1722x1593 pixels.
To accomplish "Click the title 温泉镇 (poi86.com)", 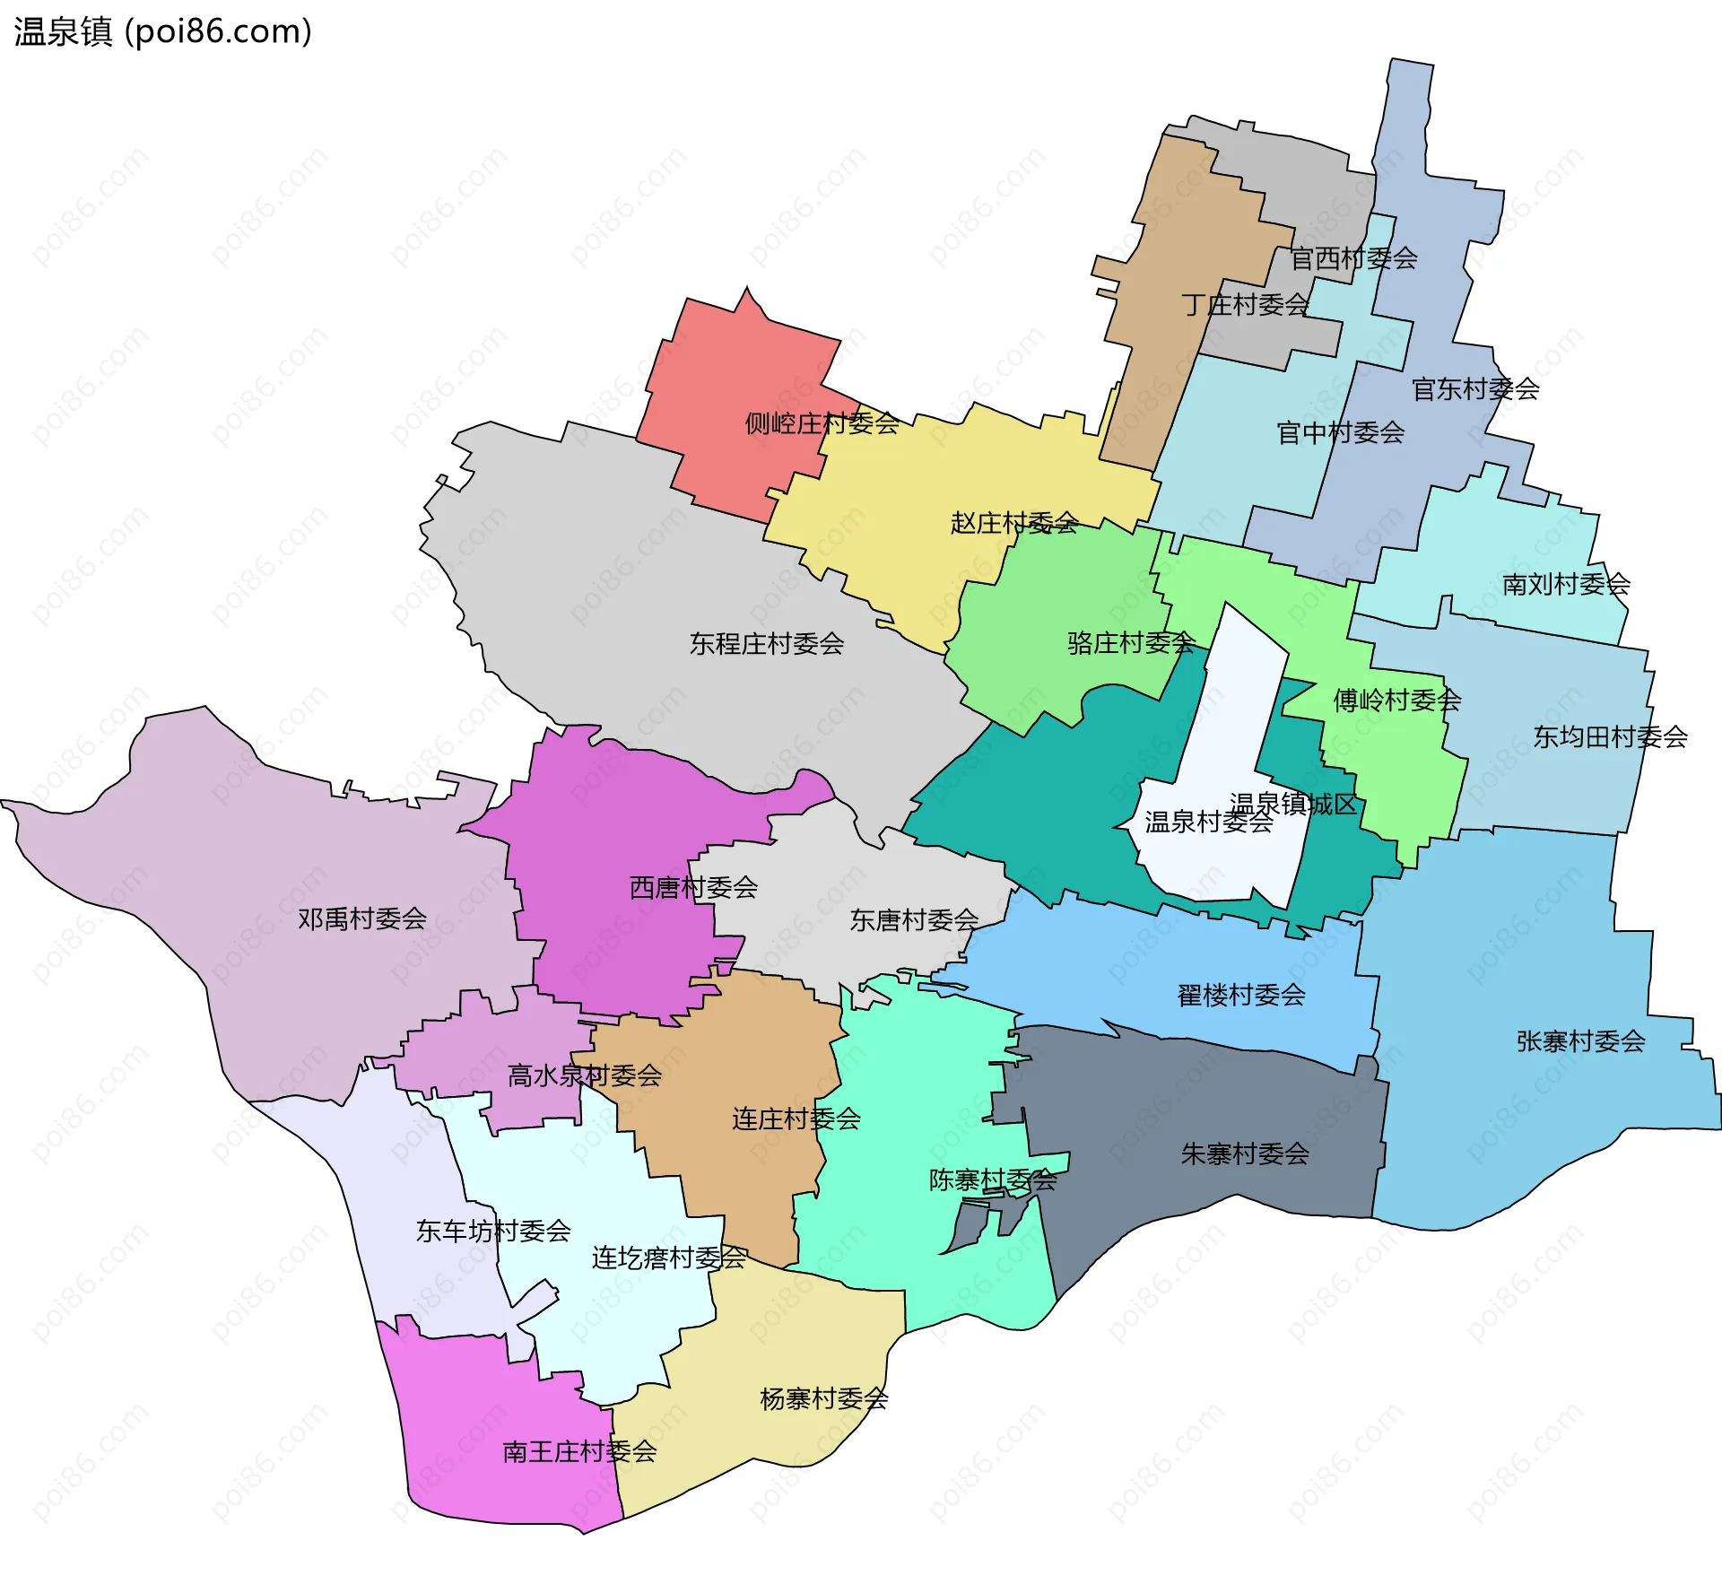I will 162,31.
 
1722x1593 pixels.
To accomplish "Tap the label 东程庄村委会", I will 766,644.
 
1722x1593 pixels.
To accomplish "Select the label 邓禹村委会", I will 361,918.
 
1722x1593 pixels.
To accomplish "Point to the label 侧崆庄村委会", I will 822,423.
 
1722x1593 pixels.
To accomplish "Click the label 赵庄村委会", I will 1013,523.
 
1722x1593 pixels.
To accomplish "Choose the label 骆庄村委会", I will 1131,642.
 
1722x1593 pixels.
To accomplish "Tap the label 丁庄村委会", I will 1245,305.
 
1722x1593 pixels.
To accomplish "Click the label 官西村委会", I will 1352,258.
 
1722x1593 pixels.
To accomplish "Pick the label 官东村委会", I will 1474,389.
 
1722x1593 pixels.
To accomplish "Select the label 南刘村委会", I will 1565,585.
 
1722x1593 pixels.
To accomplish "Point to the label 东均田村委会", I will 1609,737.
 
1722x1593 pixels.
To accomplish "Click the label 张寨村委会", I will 1580,1041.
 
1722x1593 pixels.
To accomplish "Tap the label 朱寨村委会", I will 1244,1153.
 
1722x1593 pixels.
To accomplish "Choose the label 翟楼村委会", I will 1240,995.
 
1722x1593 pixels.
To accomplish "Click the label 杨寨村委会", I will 823,1398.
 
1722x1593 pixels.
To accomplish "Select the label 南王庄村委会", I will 578,1451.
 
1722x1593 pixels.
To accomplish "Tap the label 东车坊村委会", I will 492,1231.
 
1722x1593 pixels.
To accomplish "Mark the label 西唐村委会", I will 693,888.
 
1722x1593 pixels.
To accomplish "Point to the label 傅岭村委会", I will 1396,701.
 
